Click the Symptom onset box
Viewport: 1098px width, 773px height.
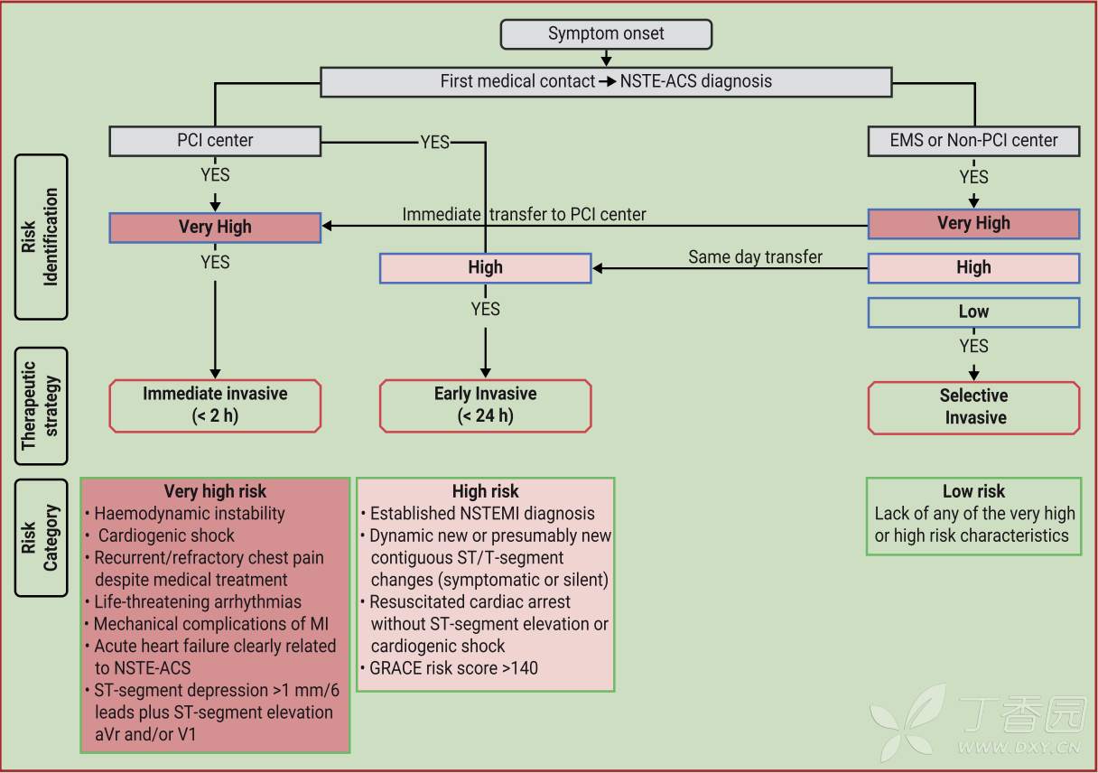tap(606, 34)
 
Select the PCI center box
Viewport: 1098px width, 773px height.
tap(215, 141)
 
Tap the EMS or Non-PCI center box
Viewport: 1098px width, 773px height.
tap(974, 141)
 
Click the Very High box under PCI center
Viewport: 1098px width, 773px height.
tap(215, 228)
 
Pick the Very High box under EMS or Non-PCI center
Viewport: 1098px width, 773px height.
tap(973, 223)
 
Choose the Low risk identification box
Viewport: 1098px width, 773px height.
tap(973, 312)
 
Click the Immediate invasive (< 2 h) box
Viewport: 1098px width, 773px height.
tap(215, 405)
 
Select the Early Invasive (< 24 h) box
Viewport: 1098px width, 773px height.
tap(485, 405)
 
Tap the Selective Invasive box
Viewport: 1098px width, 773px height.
tap(973, 406)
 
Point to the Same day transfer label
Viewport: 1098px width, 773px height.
tap(755, 257)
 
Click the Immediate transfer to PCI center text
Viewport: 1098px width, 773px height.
tap(525, 215)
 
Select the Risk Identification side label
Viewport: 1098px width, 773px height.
tap(41, 237)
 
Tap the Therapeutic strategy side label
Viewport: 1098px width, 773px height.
tap(41, 405)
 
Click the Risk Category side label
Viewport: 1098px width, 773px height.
tap(41, 537)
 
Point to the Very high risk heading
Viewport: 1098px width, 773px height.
tap(215, 492)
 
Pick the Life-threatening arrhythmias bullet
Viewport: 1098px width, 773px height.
tap(197, 601)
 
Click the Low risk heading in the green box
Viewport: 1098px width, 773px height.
tap(973, 492)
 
